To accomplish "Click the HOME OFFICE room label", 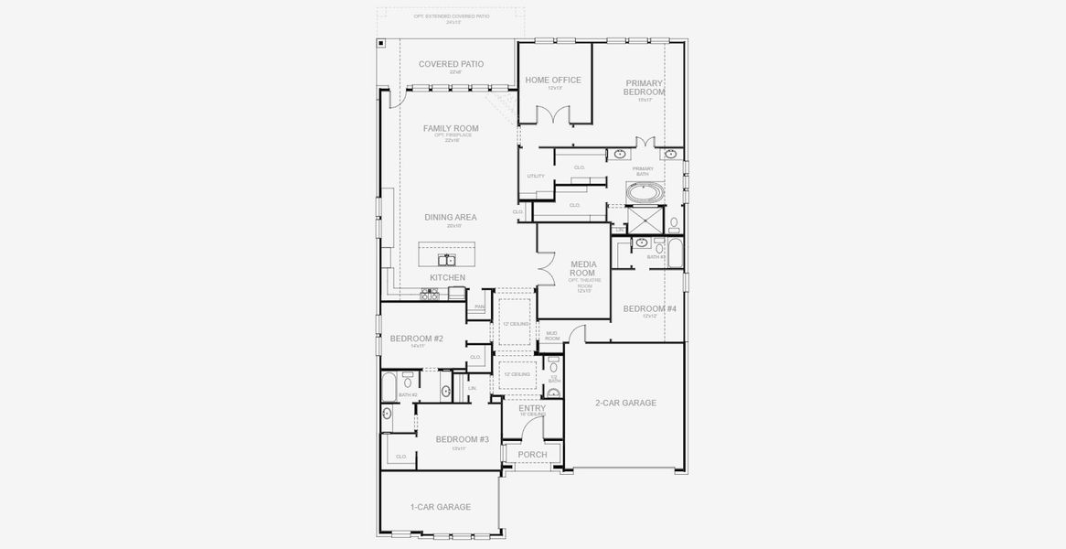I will (553, 80).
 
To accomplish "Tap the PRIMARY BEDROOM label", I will (645, 87).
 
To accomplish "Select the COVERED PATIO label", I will (451, 64).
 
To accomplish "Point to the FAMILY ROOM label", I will (451, 129).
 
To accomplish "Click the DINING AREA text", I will (450, 218).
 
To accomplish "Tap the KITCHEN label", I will (448, 277).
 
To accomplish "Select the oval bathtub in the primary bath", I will (647, 193).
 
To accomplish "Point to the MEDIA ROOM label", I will (582, 268).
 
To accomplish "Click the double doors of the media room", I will (546, 270).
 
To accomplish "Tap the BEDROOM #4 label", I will (649, 309).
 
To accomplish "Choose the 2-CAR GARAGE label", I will (625, 403).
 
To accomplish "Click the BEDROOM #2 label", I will (416, 339).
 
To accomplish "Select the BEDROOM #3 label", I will (462, 439).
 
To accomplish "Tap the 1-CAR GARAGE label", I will (441, 507).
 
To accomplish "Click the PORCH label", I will (532, 455).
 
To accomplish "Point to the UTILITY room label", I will (536, 177).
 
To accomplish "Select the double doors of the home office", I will (555, 114).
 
